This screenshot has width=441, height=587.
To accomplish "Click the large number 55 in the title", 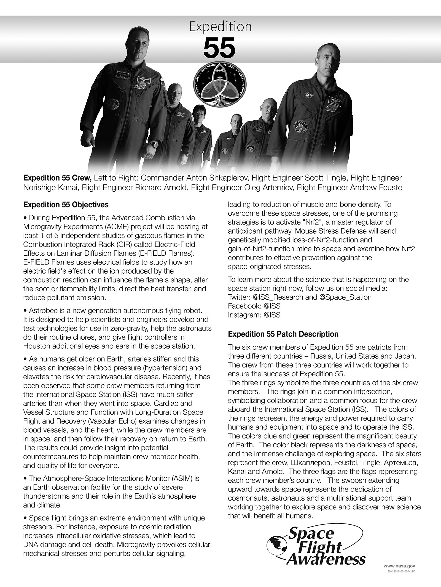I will click(220, 47).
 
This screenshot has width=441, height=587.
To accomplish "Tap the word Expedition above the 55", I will click(220, 27).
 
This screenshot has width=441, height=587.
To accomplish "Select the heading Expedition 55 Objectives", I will click(66, 205).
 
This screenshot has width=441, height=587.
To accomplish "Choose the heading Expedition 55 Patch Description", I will click(283, 334).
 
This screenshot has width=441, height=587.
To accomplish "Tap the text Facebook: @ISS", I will click(254, 306).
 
